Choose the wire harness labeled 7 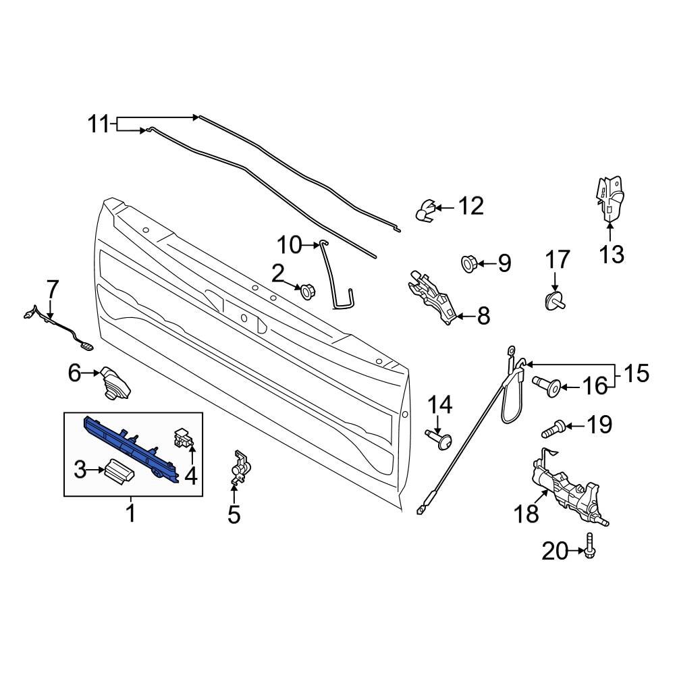[57, 327]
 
